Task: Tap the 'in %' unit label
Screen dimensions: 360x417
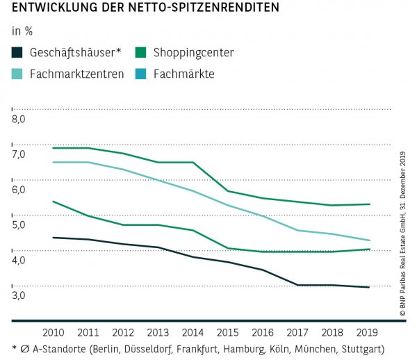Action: (x=22, y=31)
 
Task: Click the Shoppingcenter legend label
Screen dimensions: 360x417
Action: (x=195, y=53)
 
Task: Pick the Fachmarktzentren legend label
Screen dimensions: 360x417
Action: (x=76, y=73)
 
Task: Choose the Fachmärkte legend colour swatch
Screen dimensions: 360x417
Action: (x=140, y=73)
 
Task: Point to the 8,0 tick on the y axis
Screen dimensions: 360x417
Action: (x=19, y=119)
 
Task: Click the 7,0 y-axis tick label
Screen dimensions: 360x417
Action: (x=19, y=154)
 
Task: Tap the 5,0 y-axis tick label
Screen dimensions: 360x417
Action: (x=19, y=224)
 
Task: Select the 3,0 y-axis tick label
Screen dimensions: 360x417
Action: (x=19, y=295)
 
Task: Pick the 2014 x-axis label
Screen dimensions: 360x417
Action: (x=192, y=333)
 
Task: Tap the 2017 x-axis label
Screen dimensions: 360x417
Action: (x=297, y=333)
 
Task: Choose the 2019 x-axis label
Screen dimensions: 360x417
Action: (x=368, y=333)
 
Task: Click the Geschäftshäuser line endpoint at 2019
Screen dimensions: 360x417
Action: (x=368, y=287)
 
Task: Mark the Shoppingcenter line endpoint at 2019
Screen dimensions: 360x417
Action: (x=368, y=204)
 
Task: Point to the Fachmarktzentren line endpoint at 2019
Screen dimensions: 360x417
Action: (x=368, y=240)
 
